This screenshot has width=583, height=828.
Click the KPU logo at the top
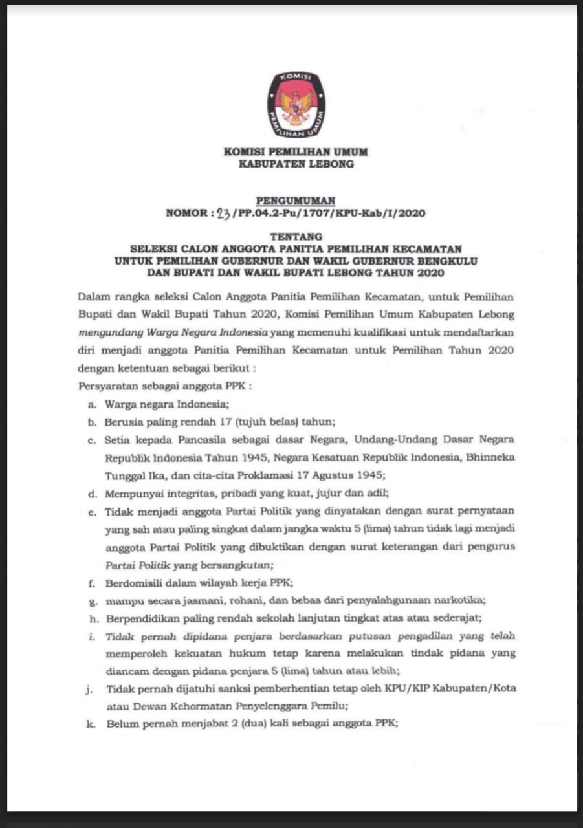296,104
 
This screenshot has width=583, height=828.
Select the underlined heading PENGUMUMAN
295,201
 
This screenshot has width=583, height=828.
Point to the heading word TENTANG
295,237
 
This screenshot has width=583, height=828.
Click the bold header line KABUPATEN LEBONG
296,164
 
